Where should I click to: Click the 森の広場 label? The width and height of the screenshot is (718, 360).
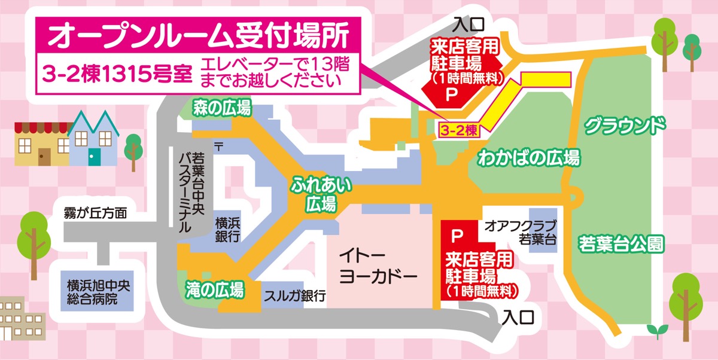221,108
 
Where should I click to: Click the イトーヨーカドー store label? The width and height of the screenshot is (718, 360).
378,267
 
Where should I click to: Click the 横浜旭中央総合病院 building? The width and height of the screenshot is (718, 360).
98,291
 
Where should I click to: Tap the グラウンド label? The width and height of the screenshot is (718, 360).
625,126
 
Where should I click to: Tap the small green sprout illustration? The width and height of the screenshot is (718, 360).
661,330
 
